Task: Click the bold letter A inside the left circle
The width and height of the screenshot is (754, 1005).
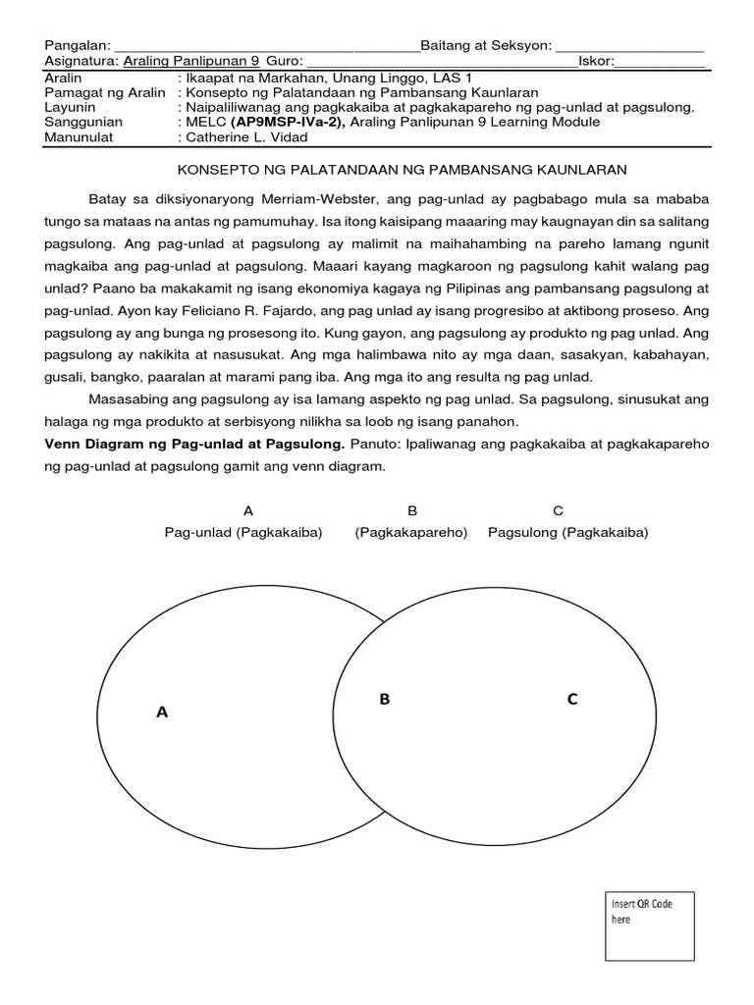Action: [x=162, y=713]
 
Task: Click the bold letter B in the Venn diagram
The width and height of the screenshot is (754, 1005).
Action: [x=385, y=699]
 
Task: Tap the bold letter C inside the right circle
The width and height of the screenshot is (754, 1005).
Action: [x=572, y=699]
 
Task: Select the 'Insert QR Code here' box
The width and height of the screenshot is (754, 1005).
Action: [x=649, y=926]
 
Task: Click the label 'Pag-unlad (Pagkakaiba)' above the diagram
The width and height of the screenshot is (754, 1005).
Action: [x=243, y=532]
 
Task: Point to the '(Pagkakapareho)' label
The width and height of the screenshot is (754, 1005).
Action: [x=411, y=532]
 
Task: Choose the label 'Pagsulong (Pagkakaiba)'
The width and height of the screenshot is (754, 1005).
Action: [x=567, y=532]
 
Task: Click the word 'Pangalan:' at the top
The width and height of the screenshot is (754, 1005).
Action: [x=78, y=46]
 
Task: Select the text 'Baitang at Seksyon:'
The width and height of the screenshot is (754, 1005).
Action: [x=486, y=46]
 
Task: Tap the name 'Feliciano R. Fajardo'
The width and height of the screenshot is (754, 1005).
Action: [x=323, y=309]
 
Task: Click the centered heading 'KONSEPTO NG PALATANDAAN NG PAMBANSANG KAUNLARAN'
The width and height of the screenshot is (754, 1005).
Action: [x=401, y=170]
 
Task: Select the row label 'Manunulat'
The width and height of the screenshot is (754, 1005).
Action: [x=80, y=137]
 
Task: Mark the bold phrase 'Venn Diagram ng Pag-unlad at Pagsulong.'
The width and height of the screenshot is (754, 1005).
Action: [x=194, y=445]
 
